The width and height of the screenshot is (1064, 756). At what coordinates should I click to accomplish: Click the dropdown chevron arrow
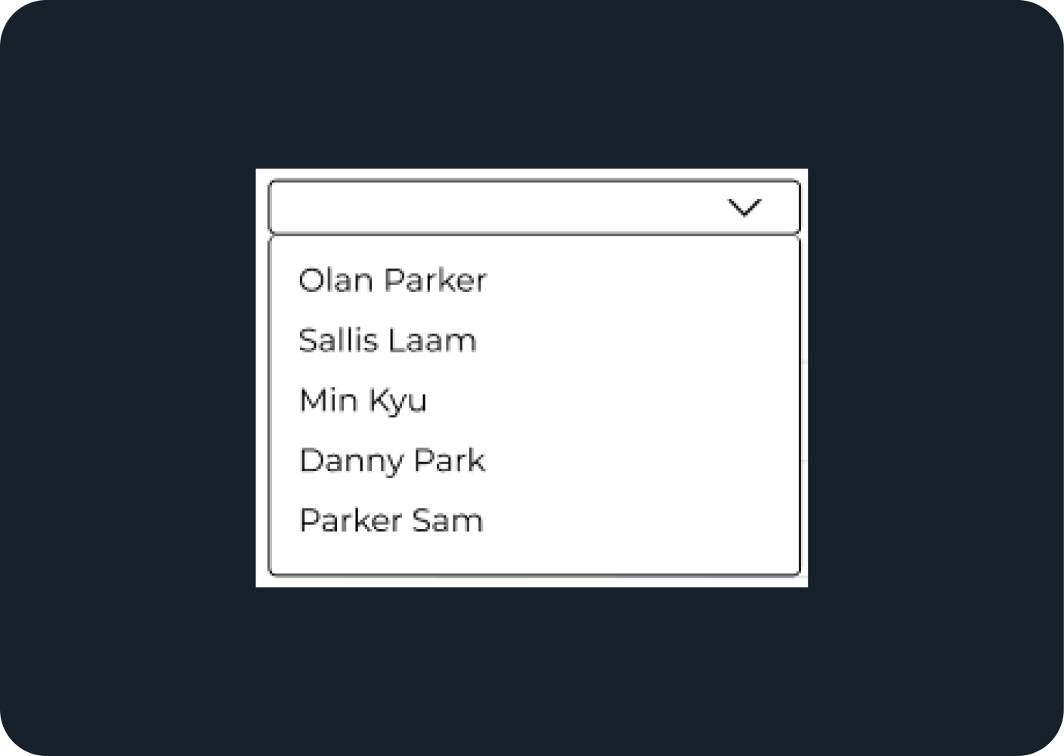coord(744,207)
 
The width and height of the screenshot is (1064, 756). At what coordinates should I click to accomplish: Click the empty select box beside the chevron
coord(491,207)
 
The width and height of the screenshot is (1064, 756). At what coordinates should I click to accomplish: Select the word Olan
coord(336,280)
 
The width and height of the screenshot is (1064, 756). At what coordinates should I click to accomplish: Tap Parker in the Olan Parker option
coord(435,280)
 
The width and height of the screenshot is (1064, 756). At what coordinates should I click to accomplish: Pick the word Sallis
coord(338,340)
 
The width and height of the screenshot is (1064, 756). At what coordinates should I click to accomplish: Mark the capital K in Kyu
coord(379,400)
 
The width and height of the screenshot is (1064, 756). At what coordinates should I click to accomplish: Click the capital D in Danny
coord(311,460)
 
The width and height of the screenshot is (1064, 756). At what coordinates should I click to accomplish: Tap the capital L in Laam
coord(416,340)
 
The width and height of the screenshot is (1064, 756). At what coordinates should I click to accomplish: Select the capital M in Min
coord(313,400)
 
